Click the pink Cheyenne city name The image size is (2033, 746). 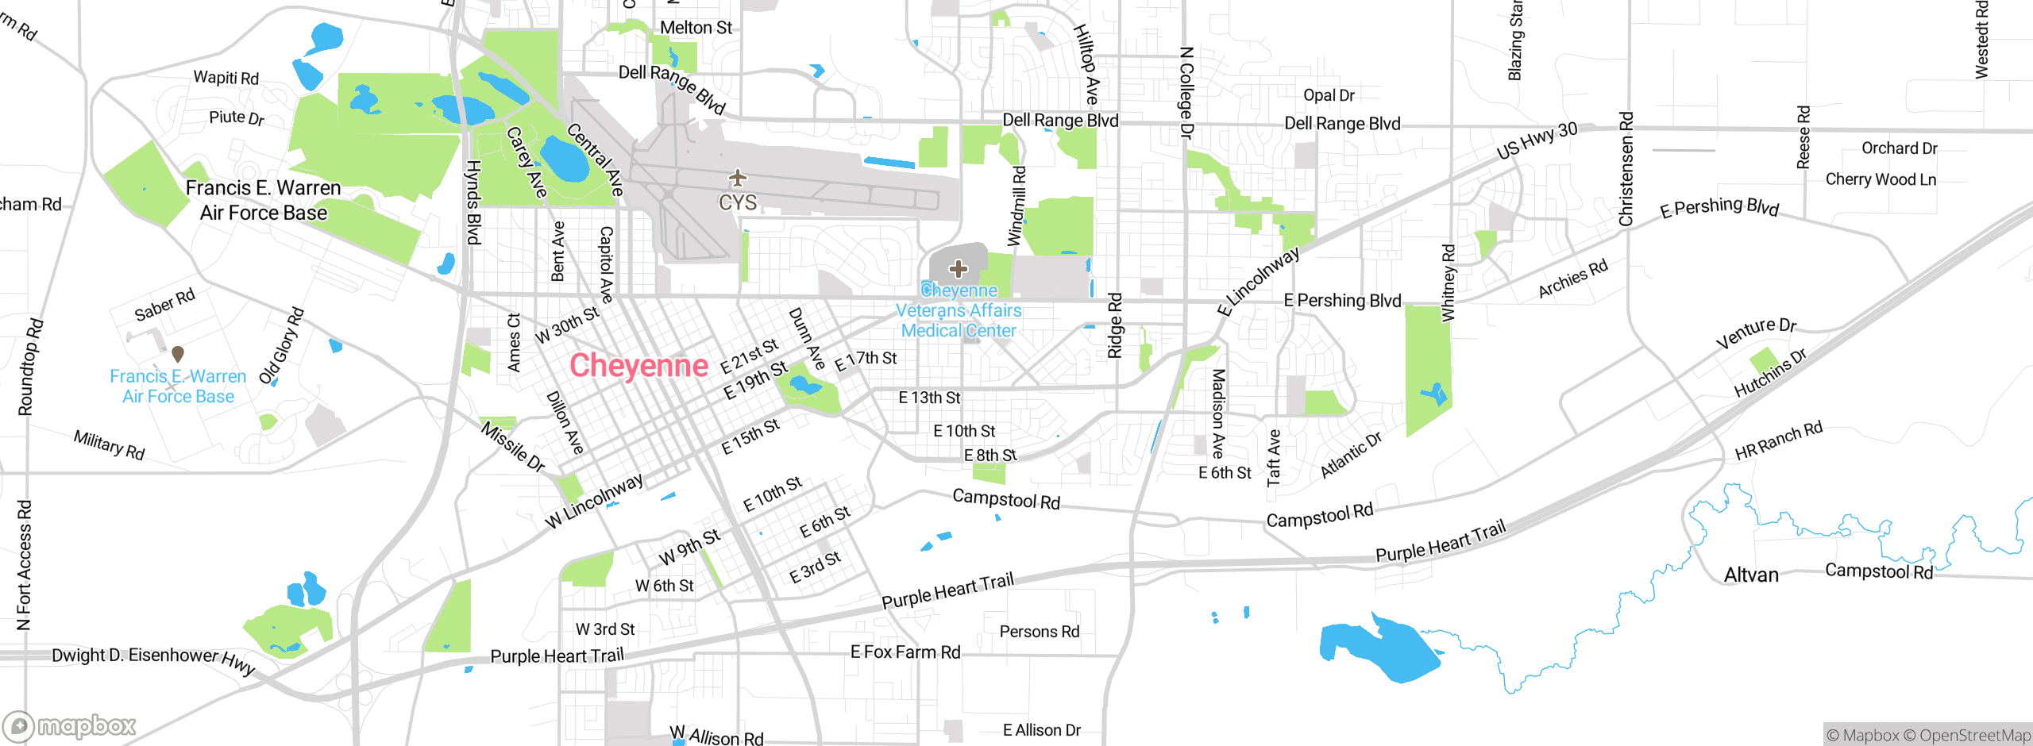point(638,366)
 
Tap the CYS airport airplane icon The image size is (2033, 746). point(738,177)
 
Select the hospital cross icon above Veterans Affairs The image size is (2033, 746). point(959,269)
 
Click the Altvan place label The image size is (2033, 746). point(1751,575)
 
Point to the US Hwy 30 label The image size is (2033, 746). point(1537,140)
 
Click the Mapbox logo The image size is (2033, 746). point(70,725)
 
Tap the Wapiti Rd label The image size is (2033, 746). point(226,78)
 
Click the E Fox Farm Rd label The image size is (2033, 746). point(905,652)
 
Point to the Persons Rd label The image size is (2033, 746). point(1040,632)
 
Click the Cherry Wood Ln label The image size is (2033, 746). point(1881,179)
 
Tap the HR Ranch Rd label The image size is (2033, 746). point(1778,441)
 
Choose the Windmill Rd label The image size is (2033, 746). point(1016,206)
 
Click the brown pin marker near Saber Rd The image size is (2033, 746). point(178,353)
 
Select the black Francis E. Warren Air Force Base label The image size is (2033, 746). point(263,200)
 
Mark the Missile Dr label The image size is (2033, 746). point(513,447)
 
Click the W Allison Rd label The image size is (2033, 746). point(716,736)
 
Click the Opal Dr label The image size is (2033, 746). point(1329,95)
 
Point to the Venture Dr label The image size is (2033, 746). point(1756,332)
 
